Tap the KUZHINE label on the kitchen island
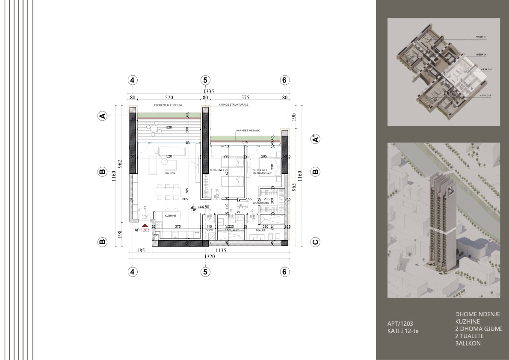click(x=171, y=216)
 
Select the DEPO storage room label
click(x=209, y=230)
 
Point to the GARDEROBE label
click(x=260, y=203)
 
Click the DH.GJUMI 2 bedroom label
click(x=217, y=170)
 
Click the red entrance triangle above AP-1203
click(x=145, y=225)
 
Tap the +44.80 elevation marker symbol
click(x=193, y=208)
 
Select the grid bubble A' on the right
click(x=315, y=139)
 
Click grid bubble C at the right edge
click(x=315, y=242)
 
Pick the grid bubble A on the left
click(x=102, y=116)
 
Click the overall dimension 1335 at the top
click(x=208, y=91)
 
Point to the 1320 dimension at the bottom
click(x=208, y=257)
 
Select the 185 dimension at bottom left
click(x=140, y=251)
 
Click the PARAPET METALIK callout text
click(x=248, y=130)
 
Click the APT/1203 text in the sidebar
click(x=400, y=324)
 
